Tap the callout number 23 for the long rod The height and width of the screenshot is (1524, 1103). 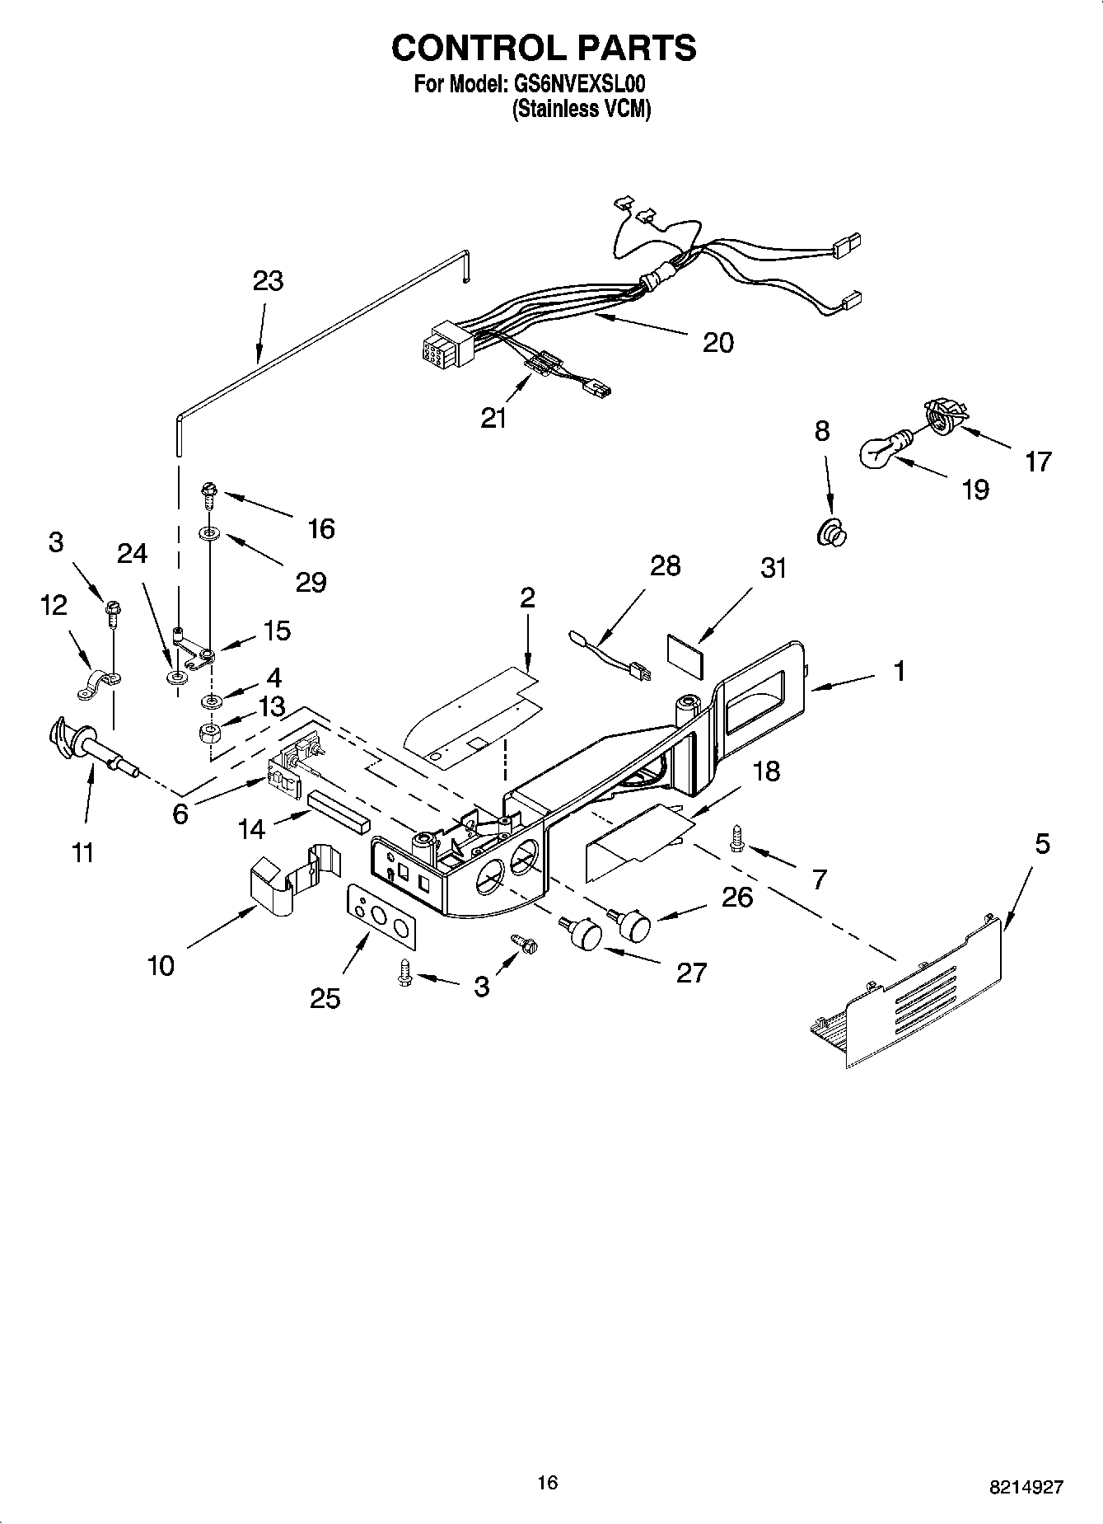coord(268,281)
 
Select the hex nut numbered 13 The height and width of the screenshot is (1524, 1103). coord(213,732)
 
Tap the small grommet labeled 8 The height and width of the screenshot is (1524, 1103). coord(832,534)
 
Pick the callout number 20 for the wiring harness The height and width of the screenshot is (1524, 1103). coord(717,342)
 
